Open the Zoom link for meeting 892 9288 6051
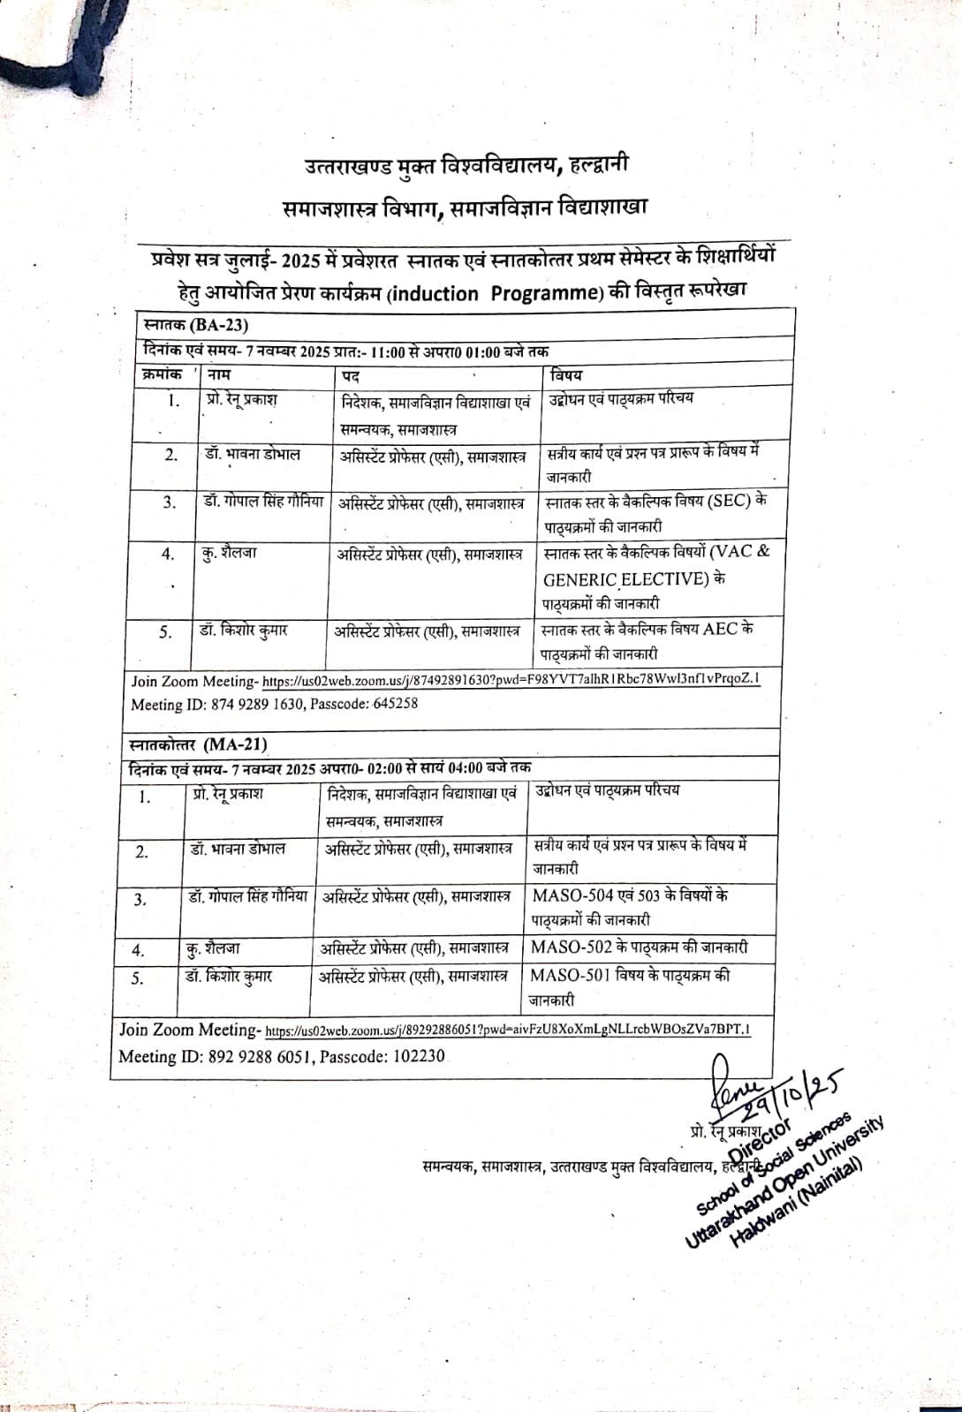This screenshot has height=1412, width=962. point(508,1030)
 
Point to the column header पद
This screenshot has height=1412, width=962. point(350,375)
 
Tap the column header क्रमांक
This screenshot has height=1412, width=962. point(163,374)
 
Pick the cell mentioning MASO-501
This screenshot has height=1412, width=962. point(629,986)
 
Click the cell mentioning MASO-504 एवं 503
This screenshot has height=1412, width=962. point(629,906)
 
